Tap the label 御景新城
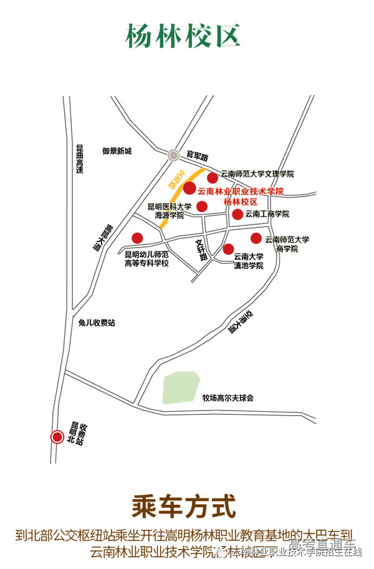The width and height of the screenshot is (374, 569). tap(117, 151)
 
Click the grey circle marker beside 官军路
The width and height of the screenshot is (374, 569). tap(173, 154)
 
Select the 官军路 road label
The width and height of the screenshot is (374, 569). tap(198, 153)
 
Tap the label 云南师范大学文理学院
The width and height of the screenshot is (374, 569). tap(257, 174)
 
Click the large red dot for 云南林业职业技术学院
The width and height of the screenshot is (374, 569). tap(189, 188)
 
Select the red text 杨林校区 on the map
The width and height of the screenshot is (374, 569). tap(240, 202)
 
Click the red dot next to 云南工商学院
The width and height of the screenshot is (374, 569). tap(237, 214)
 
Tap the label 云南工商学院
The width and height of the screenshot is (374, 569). tap(267, 214)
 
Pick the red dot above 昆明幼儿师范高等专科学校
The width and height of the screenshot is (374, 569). tap(137, 238)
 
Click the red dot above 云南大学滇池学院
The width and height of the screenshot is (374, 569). tap(229, 248)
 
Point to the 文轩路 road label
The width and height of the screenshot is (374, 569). tap(201, 250)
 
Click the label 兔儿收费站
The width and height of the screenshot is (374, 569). tap(97, 323)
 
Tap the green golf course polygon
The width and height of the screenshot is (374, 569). tap(180, 387)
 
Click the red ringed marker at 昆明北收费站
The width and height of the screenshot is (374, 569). tap(57, 437)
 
